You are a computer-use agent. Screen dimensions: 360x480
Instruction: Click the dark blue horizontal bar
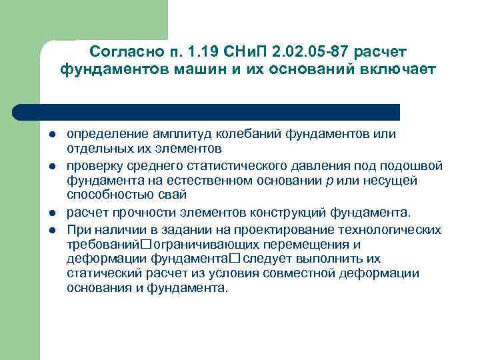coord(207,111)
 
